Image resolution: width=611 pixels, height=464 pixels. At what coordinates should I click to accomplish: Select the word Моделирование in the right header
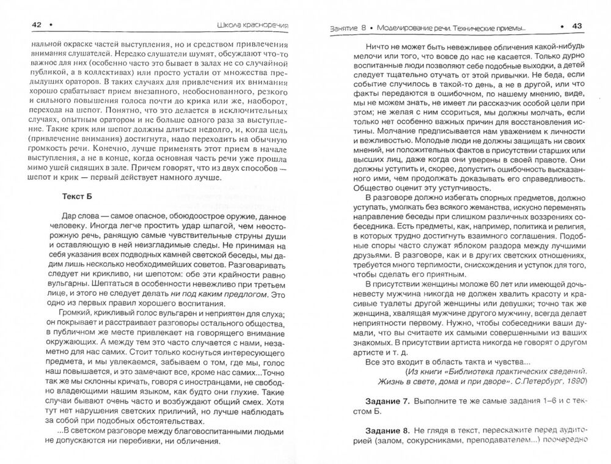(408, 28)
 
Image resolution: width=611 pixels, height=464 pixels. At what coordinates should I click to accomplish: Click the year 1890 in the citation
(573, 380)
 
